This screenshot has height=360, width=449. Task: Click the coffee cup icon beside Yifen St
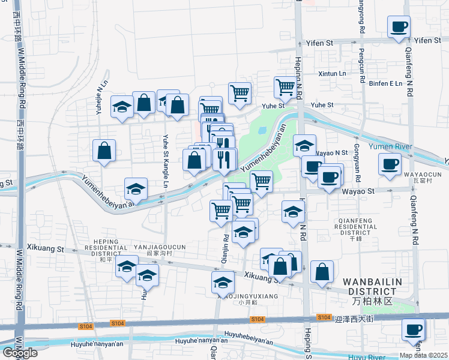[x=399, y=27]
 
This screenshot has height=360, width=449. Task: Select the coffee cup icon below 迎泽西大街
[x=413, y=329]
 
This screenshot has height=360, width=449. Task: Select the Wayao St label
[x=358, y=191]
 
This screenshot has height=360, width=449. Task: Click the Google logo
[x=20, y=353]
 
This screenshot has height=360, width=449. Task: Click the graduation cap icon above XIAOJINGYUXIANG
[x=223, y=281]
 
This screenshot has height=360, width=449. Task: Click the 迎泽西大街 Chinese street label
[x=354, y=319]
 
